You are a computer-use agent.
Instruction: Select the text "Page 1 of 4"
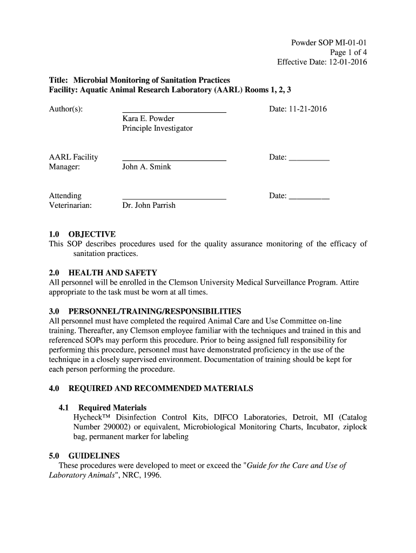point(348,52)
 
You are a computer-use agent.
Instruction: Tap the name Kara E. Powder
point(148,119)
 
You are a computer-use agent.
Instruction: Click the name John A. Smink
point(146,167)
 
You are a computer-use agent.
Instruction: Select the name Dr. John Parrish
point(149,205)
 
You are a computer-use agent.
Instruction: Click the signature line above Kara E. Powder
point(174,112)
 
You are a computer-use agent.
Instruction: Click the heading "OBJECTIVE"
point(92,234)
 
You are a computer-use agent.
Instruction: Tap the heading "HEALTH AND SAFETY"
point(112,273)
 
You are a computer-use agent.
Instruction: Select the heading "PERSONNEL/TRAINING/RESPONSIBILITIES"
point(155,312)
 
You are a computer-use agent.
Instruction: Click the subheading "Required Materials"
point(112,408)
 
